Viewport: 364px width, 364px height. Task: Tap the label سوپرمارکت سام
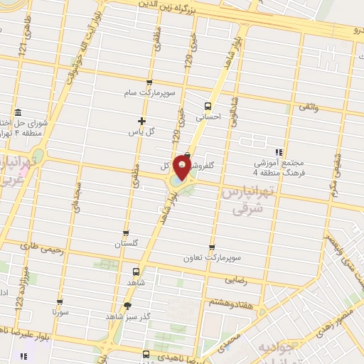click(146, 92)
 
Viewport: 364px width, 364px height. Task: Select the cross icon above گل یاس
click(141, 121)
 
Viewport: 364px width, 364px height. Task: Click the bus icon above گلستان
click(126, 232)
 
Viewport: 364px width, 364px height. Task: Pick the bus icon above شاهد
click(136, 272)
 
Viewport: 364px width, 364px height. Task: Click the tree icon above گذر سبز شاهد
click(127, 306)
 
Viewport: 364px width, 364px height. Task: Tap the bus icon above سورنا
click(62, 301)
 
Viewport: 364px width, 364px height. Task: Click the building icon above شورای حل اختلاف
click(17, 112)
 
